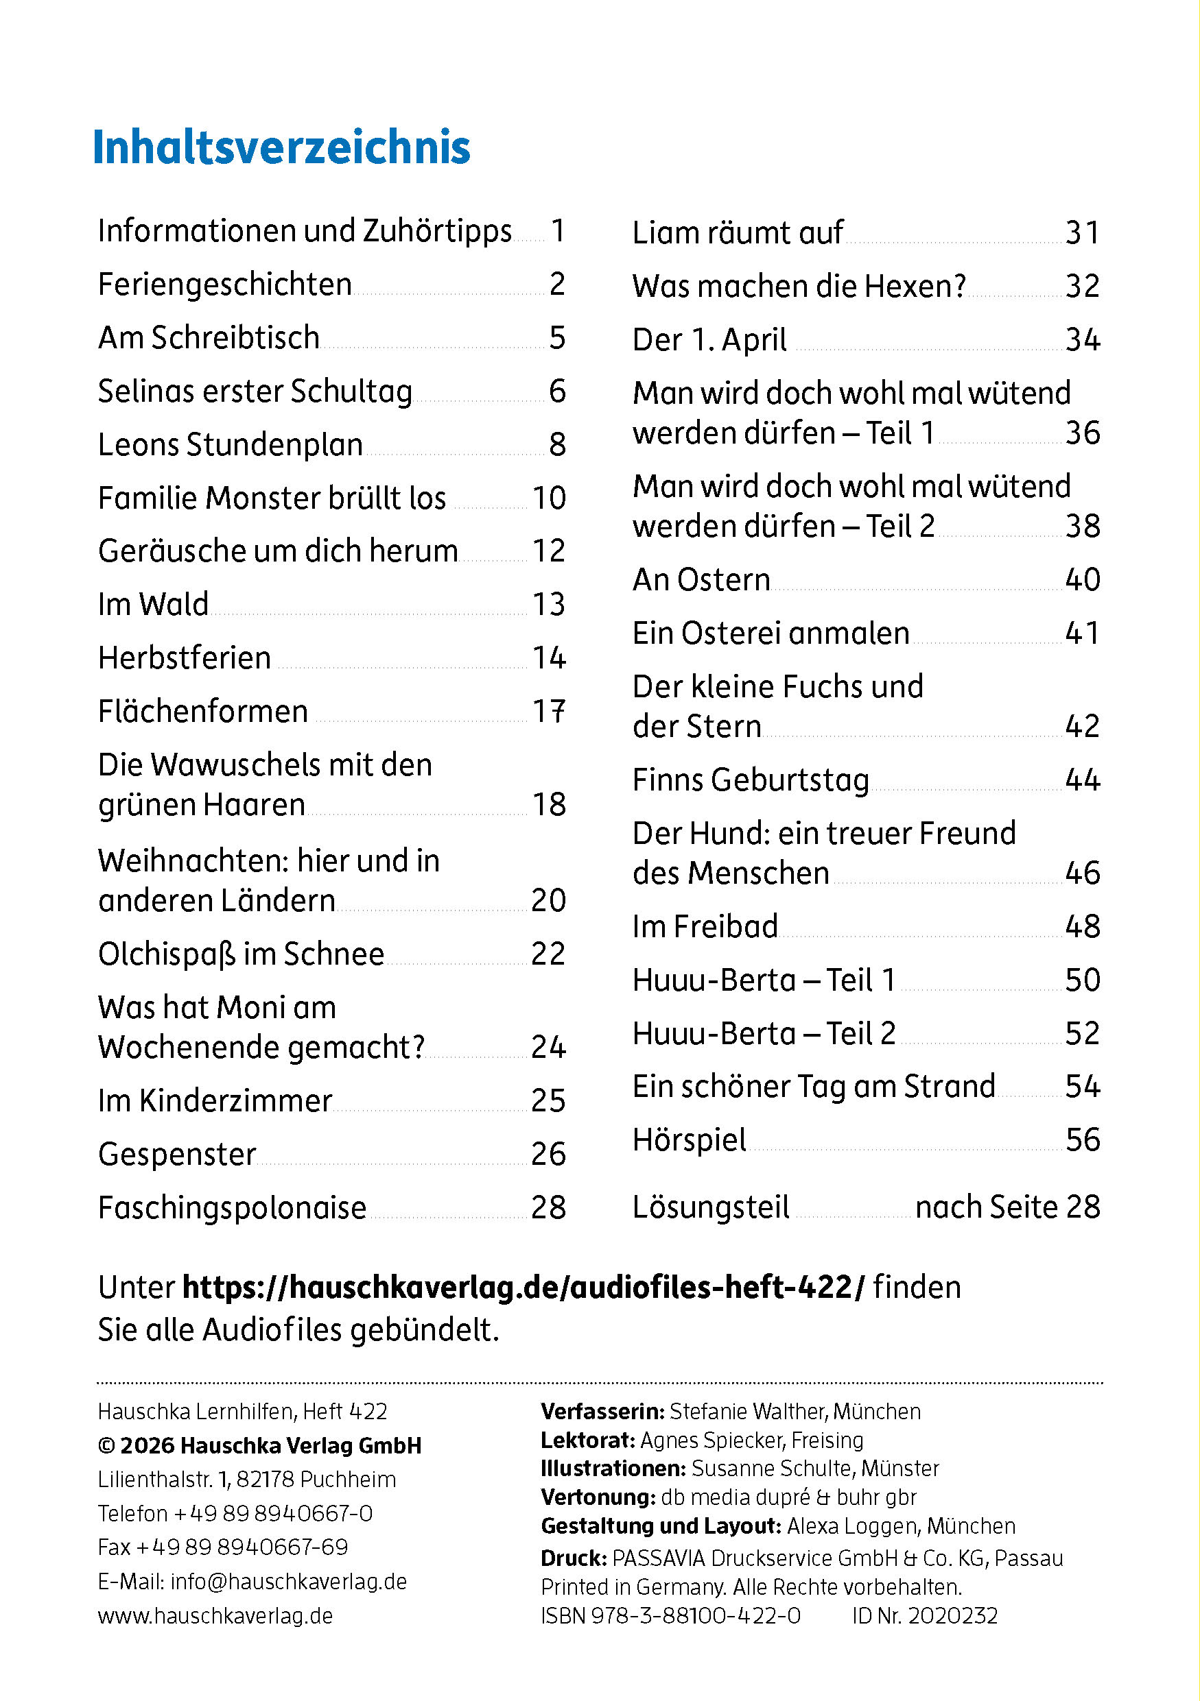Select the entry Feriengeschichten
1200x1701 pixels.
click(x=224, y=285)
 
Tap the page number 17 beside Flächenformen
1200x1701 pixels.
click(x=549, y=711)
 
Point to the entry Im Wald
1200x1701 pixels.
click(x=153, y=605)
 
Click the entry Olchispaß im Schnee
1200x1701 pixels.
click(x=241, y=954)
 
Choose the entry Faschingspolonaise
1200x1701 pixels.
click(x=232, y=1208)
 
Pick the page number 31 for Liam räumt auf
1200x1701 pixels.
click(x=1082, y=233)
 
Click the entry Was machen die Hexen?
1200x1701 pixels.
click(x=799, y=287)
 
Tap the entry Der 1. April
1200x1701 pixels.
click(x=709, y=341)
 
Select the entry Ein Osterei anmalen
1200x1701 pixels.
click(x=771, y=634)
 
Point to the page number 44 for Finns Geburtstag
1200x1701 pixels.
click(x=1082, y=780)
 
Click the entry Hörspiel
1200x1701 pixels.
click(x=690, y=1140)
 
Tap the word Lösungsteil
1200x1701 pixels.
click(x=711, y=1207)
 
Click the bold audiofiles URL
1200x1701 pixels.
click(x=523, y=1288)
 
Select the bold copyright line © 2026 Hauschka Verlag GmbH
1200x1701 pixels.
click(x=259, y=1445)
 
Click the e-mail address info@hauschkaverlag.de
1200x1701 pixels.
click(x=288, y=1582)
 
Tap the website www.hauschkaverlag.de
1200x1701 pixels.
click(x=215, y=1616)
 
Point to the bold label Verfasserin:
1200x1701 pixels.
click(x=602, y=1411)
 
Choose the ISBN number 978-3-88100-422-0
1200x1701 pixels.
click(x=695, y=1616)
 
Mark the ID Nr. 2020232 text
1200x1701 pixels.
click(x=925, y=1616)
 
